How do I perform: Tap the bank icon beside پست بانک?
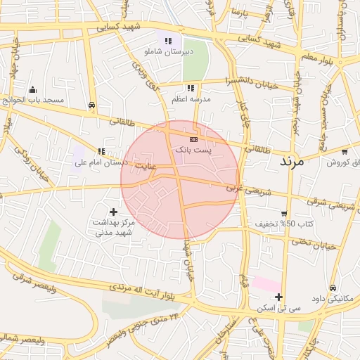(194, 139)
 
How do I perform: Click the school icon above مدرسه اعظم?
(191, 88)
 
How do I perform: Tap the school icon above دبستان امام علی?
(102, 150)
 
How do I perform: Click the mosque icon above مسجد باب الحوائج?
(32, 89)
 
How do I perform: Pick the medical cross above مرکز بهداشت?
(113, 211)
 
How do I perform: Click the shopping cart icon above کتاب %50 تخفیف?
(283, 214)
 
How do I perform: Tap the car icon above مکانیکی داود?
(332, 288)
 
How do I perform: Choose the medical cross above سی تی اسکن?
(279, 297)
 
